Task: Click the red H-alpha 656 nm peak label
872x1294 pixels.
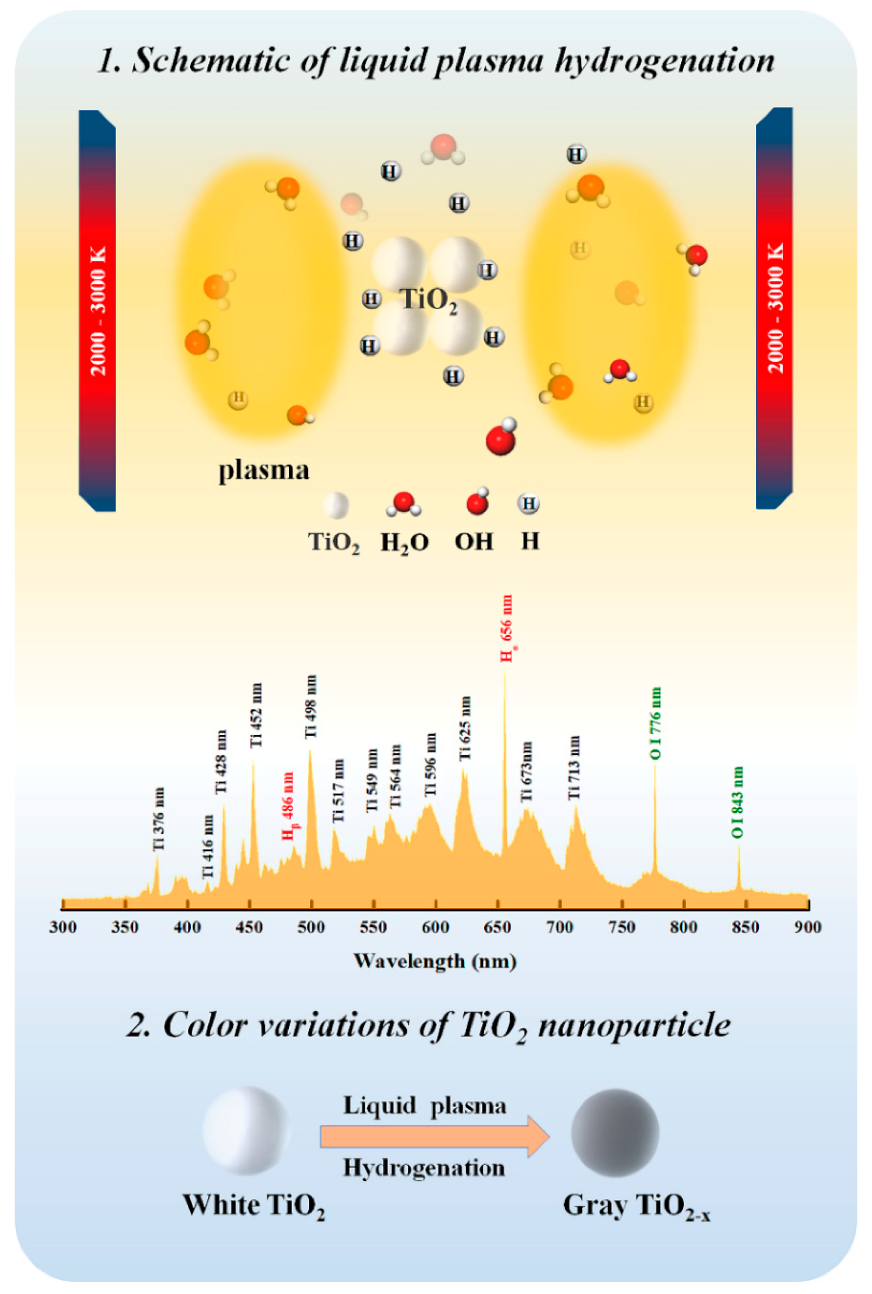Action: [507, 628]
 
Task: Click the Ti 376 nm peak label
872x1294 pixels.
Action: [159, 818]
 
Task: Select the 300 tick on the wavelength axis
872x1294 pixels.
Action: [63, 927]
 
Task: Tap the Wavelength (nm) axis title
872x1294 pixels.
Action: [435, 961]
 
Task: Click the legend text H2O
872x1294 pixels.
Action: [404, 542]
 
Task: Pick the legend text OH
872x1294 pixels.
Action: [474, 541]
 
